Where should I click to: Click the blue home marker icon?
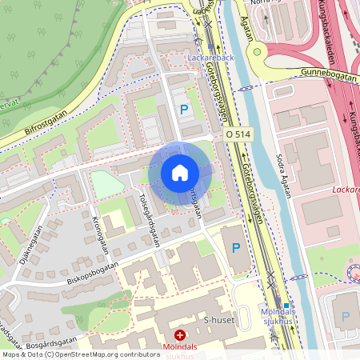coord(179,173)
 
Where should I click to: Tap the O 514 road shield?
coord(238,136)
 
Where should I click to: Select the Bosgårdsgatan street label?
coord(64,345)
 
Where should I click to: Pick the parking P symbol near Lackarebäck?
coord(185,110)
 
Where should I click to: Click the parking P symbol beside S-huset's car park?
coord(235,248)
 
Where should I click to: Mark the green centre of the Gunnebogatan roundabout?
coord(258,54)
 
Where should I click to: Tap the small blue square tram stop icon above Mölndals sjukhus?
coord(286,305)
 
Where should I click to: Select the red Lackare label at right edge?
coord(346,191)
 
